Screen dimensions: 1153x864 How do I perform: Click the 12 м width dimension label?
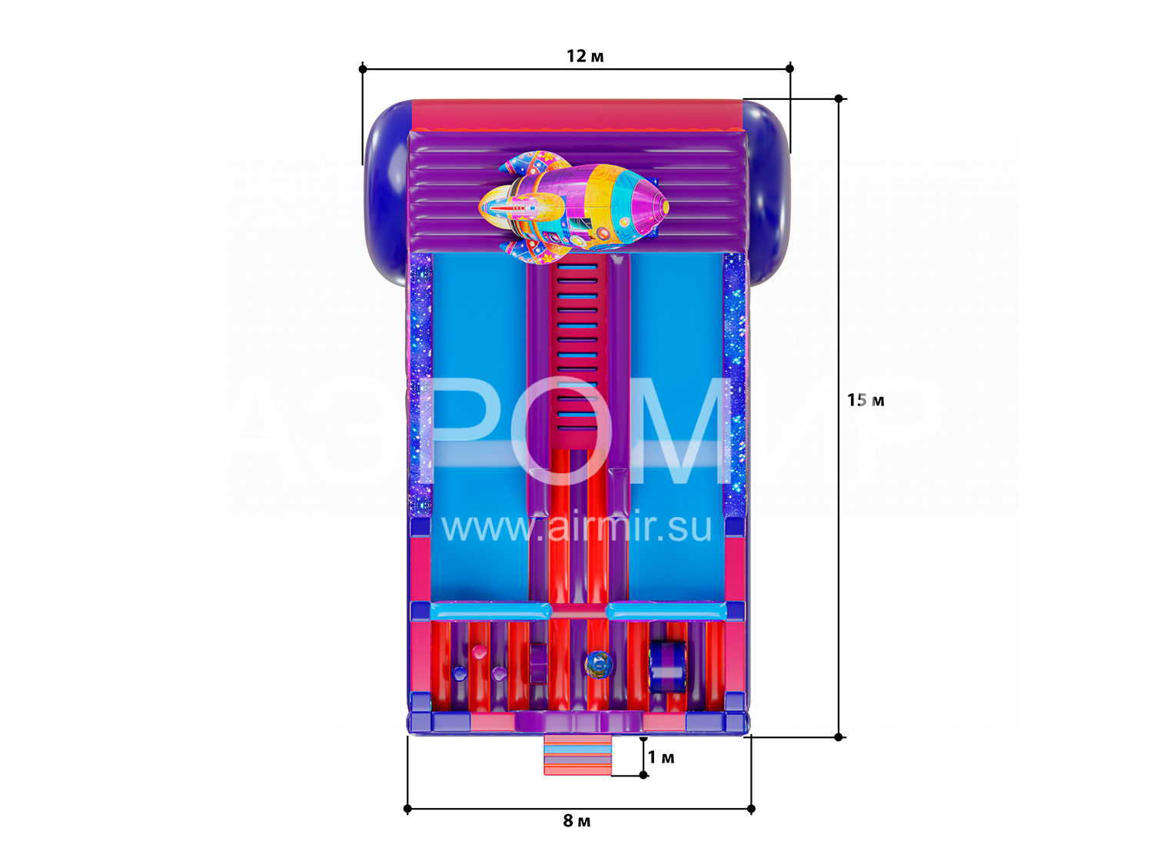coord(585,55)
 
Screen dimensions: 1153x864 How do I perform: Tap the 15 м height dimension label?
coord(866,400)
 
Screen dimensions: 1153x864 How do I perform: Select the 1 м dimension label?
coord(660,757)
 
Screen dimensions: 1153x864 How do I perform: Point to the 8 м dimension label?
coord(576,821)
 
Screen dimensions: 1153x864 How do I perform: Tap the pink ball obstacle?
coord(479,651)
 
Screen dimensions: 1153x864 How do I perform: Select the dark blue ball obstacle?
coord(460,673)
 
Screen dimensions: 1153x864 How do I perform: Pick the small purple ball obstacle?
coord(499,673)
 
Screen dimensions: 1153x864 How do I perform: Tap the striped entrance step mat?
coord(577,755)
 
